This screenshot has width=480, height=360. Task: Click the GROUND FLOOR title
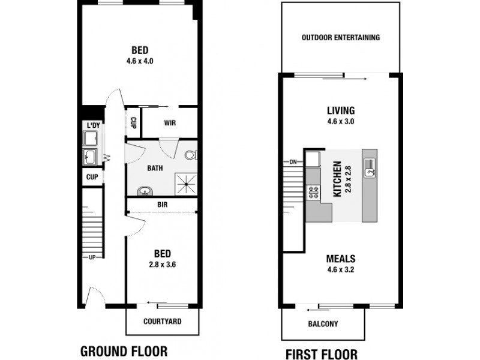click(x=124, y=350)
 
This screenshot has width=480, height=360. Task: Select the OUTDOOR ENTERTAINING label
click(x=340, y=37)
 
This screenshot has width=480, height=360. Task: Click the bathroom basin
click(x=145, y=192)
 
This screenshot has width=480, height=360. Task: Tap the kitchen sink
click(x=370, y=166)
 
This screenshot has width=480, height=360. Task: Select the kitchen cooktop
click(x=313, y=193)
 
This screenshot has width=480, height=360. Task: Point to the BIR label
click(x=162, y=205)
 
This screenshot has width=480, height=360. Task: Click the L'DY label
click(x=93, y=125)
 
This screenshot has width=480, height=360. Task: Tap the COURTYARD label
click(x=162, y=322)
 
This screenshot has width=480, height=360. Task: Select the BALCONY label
click(x=323, y=324)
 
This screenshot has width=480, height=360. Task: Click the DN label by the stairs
click(x=293, y=162)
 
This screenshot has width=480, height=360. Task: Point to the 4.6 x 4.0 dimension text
click(x=140, y=61)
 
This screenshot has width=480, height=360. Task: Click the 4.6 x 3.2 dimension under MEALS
click(x=340, y=270)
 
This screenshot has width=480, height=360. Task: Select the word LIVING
click(x=341, y=110)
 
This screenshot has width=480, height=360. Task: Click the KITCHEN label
click(x=337, y=178)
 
